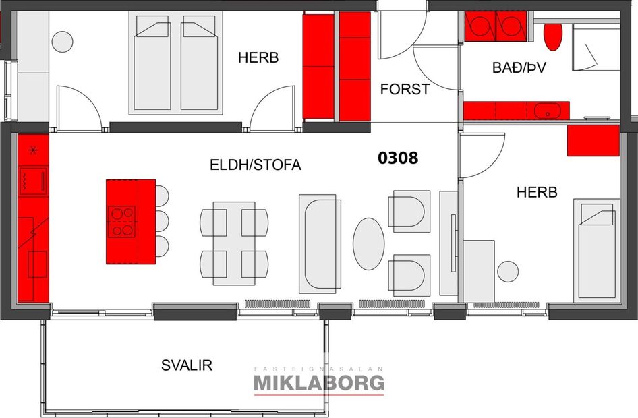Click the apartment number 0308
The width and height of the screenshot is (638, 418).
[x=398, y=158]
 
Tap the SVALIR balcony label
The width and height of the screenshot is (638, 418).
[x=187, y=365]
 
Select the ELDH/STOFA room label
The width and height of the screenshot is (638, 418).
[x=255, y=165]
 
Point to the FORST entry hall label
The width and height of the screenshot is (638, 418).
[x=405, y=89]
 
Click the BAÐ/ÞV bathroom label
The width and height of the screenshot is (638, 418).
[x=517, y=67]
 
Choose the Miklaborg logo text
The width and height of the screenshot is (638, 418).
[x=318, y=382]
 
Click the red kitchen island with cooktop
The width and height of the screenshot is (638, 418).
[x=130, y=221]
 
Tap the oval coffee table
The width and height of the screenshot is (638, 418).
[x=369, y=244]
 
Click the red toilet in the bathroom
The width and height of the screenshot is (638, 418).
[x=553, y=37]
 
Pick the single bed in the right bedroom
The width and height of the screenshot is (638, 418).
[x=596, y=249]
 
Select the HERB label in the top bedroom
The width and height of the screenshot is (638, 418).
[x=258, y=58]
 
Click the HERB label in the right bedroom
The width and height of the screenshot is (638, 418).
[x=537, y=192]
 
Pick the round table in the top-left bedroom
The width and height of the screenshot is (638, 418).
[x=62, y=42]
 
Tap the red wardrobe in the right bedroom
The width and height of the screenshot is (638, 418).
[x=593, y=140]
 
